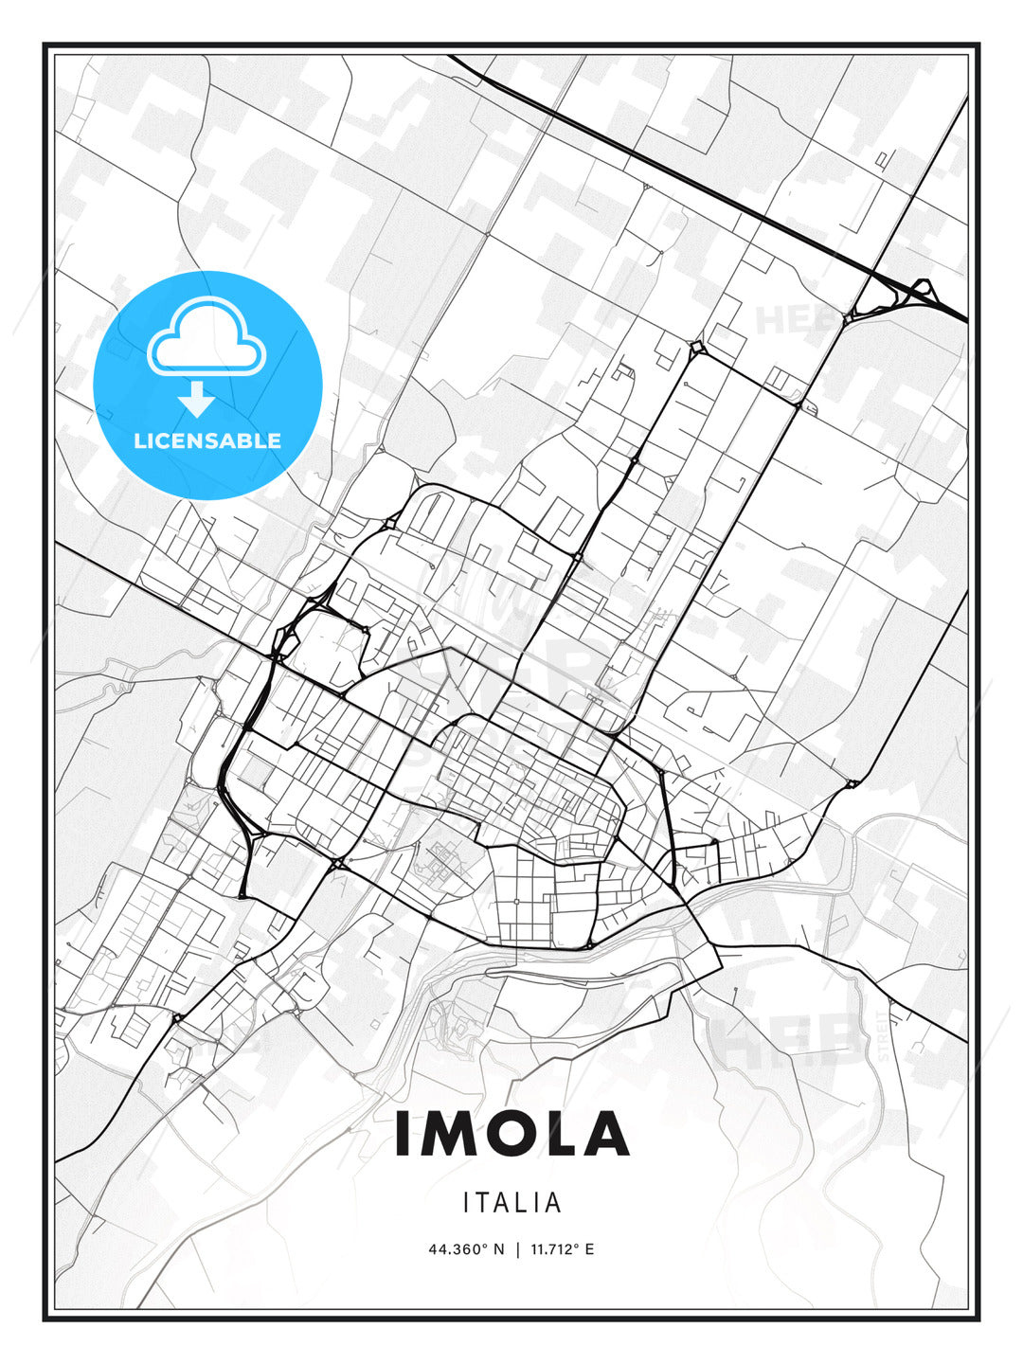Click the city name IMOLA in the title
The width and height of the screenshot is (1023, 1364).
click(x=511, y=1134)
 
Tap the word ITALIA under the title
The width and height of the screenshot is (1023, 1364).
click(x=511, y=1203)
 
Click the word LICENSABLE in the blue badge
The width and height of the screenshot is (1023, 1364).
click(x=207, y=440)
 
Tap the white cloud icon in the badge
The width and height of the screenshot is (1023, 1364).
click(x=206, y=337)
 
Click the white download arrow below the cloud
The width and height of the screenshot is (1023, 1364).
click(x=196, y=399)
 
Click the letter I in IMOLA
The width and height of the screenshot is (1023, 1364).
click(x=403, y=1134)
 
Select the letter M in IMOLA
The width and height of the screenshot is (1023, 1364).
click(x=449, y=1134)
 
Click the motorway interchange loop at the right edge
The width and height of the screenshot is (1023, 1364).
click(x=920, y=293)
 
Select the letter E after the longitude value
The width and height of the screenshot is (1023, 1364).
click(x=589, y=1249)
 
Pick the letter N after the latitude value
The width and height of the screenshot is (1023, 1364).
click(x=499, y=1249)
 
